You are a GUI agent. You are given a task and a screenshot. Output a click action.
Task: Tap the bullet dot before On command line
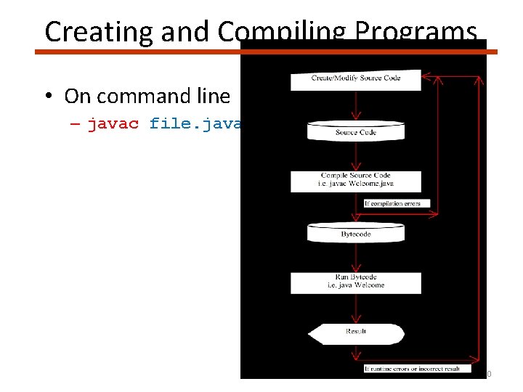(x=49, y=97)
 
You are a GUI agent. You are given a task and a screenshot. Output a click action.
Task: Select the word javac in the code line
(x=113, y=124)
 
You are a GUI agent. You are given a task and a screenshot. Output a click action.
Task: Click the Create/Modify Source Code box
(x=355, y=79)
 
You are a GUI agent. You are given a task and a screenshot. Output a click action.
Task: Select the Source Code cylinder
(x=355, y=131)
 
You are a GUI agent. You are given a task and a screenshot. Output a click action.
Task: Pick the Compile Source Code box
(x=355, y=180)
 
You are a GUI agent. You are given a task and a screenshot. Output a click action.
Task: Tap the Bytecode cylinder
(x=355, y=233)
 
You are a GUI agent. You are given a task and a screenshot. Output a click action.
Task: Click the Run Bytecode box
(x=355, y=282)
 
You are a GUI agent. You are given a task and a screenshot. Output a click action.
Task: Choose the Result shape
(x=355, y=332)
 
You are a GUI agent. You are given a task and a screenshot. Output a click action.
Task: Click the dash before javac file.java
(x=76, y=125)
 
